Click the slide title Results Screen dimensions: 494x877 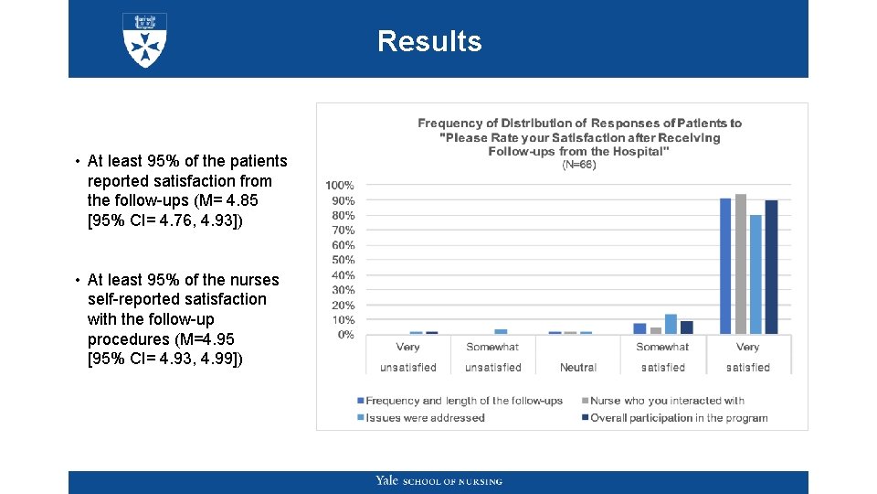(428, 41)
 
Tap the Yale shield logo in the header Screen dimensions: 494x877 (144, 39)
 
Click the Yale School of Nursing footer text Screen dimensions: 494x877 (438, 481)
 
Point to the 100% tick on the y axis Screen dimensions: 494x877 (341, 186)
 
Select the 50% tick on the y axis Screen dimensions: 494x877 (343, 261)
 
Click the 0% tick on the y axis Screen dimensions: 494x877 (345, 335)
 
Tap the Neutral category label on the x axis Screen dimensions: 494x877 (577, 368)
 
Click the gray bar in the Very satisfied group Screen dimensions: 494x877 (741, 264)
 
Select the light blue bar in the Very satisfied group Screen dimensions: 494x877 (755, 274)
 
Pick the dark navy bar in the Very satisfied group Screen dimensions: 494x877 (771, 267)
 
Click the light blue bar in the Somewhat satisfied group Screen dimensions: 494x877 (671, 324)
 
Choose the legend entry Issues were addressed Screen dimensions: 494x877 (425, 418)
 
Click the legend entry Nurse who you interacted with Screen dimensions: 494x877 (667, 401)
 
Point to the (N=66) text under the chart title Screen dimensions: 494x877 (578, 166)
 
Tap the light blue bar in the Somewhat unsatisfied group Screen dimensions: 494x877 (501, 331)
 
